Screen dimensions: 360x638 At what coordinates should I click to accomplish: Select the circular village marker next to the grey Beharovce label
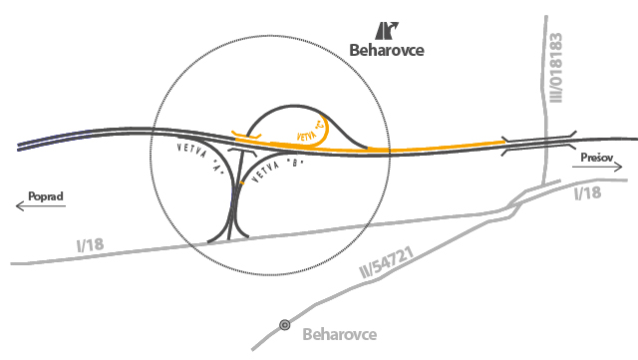click(285, 324)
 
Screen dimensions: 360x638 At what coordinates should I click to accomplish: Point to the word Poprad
click(46, 196)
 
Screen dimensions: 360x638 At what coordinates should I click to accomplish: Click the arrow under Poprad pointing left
click(40, 207)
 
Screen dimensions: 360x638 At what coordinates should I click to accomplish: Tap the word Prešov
click(597, 158)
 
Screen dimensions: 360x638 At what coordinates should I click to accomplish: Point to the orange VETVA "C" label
click(312, 130)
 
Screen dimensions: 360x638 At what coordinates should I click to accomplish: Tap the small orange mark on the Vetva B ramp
click(243, 182)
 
